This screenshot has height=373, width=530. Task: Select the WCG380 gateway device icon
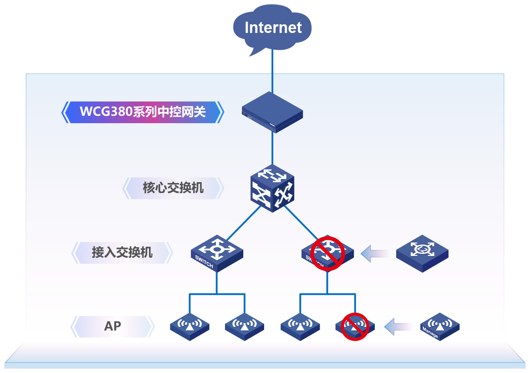[x=272, y=112]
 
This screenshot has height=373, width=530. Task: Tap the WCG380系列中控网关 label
[x=142, y=112]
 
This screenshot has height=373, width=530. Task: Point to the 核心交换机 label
[x=173, y=188]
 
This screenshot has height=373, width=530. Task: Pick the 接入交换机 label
[x=122, y=252]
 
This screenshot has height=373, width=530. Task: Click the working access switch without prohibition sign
[x=217, y=253]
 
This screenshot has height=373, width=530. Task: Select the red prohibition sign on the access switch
[x=328, y=254]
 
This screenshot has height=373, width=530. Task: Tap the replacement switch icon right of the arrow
[x=422, y=253]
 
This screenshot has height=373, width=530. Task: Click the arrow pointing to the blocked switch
[x=374, y=253]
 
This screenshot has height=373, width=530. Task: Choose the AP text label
[x=113, y=326]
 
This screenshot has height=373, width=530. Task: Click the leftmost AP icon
[x=189, y=326]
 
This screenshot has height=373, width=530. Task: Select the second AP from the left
[x=245, y=326]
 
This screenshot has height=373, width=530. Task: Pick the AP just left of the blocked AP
[x=300, y=326]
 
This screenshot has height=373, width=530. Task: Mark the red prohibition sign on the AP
[x=354, y=326]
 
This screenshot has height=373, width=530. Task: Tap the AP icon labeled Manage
[x=440, y=326]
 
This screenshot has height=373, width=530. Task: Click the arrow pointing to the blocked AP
[x=398, y=327]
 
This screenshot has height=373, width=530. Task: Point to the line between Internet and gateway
[x=272, y=72]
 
